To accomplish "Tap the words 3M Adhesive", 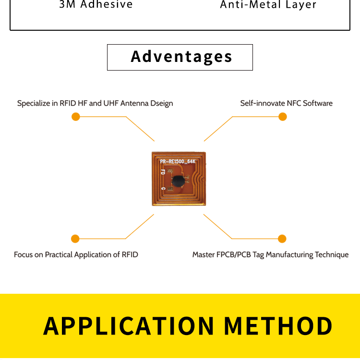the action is coord(96,4).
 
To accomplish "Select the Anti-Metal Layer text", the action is coord(268,5).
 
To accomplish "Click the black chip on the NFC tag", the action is coord(178,180).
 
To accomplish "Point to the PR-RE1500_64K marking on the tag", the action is coord(178,161).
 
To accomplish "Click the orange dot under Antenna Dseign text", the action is coord(75,117).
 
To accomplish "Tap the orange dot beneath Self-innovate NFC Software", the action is coord(282,117).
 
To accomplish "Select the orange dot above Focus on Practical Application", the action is coord(75,239).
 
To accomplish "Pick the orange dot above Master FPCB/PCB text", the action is coord(282,239).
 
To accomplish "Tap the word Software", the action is coord(318,103).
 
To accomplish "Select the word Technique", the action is coord(332,254).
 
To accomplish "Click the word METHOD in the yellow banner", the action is coord(278,326).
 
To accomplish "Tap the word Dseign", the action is coord(161,103).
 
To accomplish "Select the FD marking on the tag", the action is coord(163,172).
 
